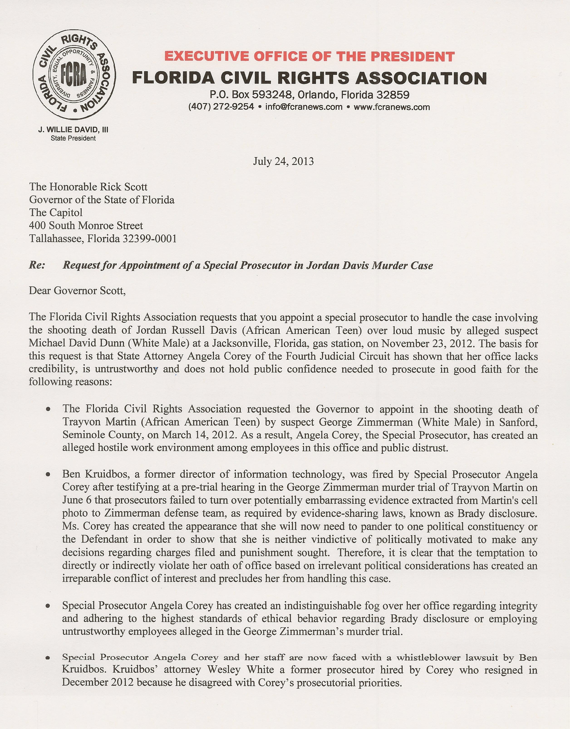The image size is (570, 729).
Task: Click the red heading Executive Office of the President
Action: click(309, 56)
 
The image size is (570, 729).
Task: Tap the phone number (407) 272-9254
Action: click(221, 107)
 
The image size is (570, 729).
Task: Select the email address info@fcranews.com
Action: click(304, 107)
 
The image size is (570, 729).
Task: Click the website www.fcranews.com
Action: click(392, 107)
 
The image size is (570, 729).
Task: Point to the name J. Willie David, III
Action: click(73, 130)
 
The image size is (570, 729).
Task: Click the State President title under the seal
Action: click(73, 138)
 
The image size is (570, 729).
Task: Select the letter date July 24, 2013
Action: click(283, 162)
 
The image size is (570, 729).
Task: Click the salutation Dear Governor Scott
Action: click(77, 291)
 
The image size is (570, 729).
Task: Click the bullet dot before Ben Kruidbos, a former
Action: click(49, 475)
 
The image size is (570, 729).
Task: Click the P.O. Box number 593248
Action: click(272, 95)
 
